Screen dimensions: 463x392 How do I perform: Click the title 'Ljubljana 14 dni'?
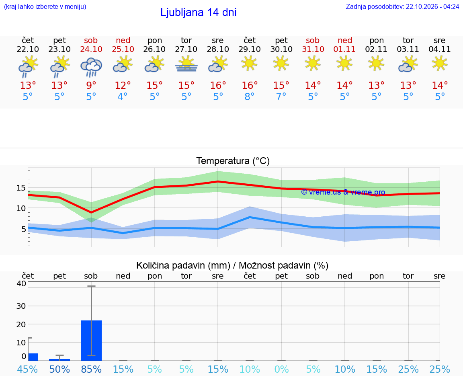(198, 12)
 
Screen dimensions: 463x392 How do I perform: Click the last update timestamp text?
(402, 6)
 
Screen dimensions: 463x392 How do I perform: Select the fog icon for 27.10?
(186, 64)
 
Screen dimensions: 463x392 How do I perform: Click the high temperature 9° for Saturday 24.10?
(91, 85)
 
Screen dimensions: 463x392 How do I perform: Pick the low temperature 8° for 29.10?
(250, 96)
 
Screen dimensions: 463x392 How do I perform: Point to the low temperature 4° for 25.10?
(123, 96)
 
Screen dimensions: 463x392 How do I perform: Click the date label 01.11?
(344, 49)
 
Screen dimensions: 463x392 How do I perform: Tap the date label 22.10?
(28, 49)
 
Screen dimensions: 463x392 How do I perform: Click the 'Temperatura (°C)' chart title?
(233, 161)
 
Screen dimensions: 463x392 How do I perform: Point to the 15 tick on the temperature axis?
(21, 188)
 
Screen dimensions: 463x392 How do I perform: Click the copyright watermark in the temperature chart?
(343, 192)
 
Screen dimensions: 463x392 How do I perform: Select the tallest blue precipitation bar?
(91, 340)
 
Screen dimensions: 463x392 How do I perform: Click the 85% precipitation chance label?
(91, 369)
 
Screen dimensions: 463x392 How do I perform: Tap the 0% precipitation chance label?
(281, 369)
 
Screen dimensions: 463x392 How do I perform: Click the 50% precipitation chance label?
(59, 369)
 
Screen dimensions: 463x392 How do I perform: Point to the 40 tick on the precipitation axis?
(21, 283)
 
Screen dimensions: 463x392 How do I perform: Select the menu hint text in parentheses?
(45, 6)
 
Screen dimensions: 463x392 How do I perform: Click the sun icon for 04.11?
(440, 64)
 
